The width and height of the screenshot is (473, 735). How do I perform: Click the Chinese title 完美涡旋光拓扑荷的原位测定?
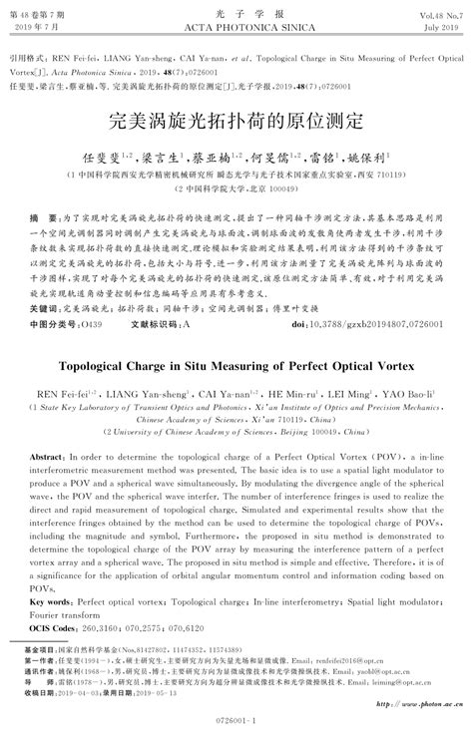point(236,122)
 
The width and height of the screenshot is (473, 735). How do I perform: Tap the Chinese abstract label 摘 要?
point(42,215)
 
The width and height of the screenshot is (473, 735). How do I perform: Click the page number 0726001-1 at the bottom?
point(236,718)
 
